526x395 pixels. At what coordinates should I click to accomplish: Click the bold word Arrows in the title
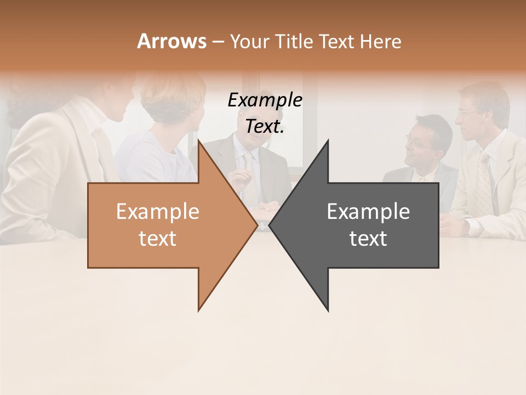pos(171,41)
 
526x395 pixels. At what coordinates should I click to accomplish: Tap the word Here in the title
pos(380,41)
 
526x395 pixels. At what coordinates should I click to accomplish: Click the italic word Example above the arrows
pos(265,100)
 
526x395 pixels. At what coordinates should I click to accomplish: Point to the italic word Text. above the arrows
pos(265,127)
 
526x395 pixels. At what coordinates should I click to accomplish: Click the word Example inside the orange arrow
pos(157,211)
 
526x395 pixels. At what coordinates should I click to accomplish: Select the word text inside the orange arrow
pos(157,239)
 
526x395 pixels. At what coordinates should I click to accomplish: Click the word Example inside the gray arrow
pos(368,211)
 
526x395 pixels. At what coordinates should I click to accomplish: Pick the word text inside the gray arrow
pos(368,239)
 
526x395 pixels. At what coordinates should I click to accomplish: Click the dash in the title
pos(218,41)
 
